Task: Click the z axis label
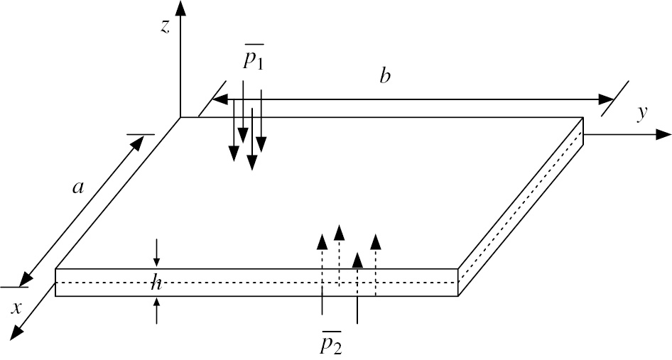tap(165, 28)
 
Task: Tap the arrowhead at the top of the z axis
tap(182, 9)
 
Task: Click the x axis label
tap(16, 308)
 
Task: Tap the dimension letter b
tap(385, 76)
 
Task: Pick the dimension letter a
tap(78, 187)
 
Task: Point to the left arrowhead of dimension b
tap(220, 99)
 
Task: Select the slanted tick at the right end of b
tap(615, 99)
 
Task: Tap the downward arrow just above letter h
tap(157, 259)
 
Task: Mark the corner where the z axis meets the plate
tap(182, 117)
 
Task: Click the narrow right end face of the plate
tap(521, 206)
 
